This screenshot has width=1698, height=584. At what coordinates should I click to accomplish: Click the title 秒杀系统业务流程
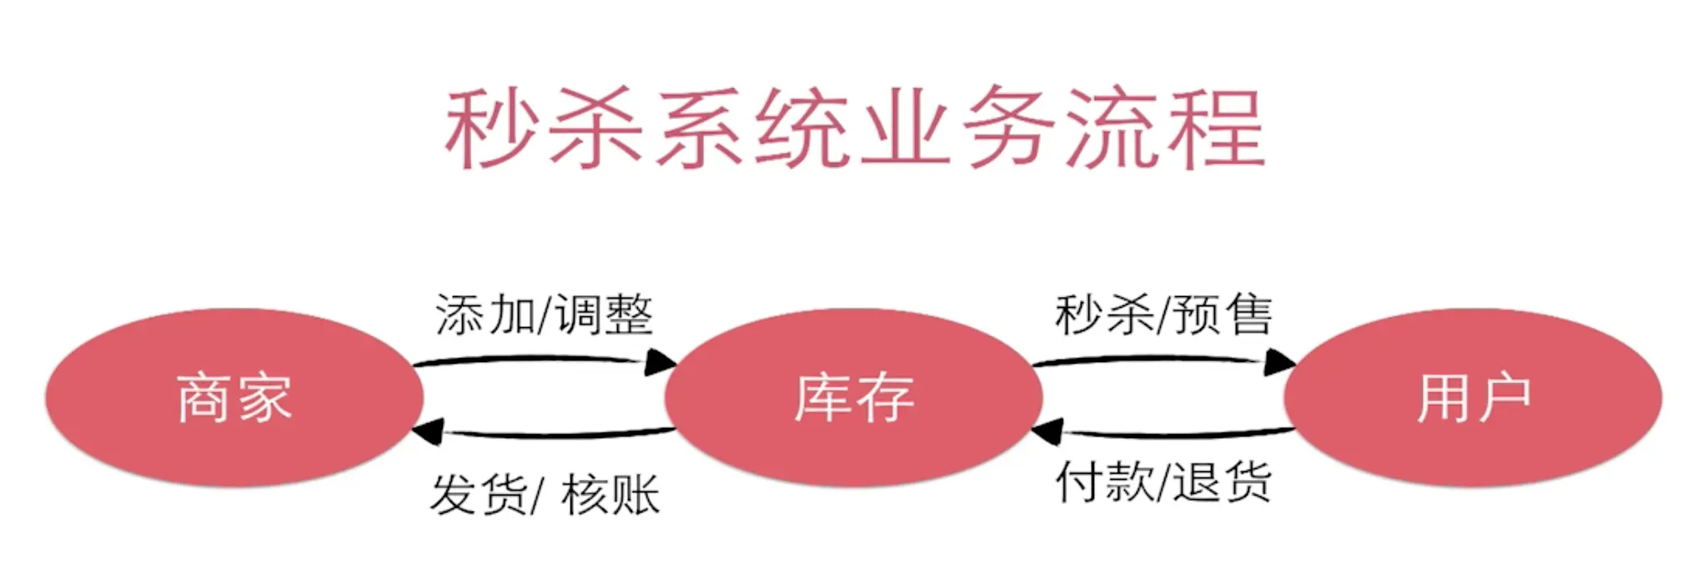(x=853, y=129)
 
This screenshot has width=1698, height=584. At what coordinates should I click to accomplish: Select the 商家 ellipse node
(x=234, y=398)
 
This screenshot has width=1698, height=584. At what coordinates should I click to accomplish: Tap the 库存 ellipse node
(x=853, y=398)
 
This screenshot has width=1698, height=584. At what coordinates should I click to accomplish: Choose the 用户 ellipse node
(x=1473, y=398)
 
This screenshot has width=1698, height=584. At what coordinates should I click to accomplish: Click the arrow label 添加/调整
(x=544, y=315)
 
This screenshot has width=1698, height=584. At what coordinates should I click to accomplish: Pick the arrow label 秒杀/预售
(x=1163, y=315)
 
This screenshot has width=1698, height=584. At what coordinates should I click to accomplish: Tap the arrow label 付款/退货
(x=1163, y=482)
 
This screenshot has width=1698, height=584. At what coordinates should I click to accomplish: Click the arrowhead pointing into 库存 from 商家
(x=661, y=362)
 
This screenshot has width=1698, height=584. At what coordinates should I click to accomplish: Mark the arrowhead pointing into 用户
(x=1279, y=362)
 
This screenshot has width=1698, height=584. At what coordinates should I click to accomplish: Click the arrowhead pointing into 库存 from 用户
(x=1047, y=432)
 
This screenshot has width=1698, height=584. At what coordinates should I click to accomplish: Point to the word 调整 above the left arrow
(x=605, y=315)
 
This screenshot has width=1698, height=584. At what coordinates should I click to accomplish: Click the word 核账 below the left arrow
(x=610, y=495)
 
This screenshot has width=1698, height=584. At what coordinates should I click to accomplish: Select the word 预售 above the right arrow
(x=1223, y=315)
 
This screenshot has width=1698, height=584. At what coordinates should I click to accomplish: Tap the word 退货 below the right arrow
(x=1223, y=482)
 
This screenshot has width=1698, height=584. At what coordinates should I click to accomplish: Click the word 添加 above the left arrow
(x=484, y=315)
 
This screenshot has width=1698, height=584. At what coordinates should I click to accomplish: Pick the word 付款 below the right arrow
(x=1104, y=482)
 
